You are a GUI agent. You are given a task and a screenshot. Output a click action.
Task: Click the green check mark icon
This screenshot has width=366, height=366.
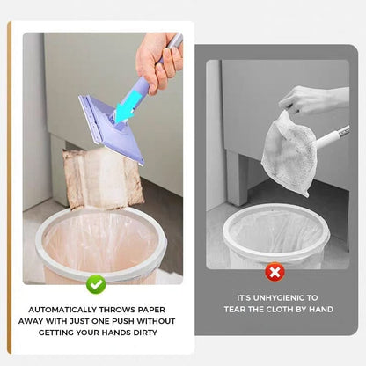point(97,284)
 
